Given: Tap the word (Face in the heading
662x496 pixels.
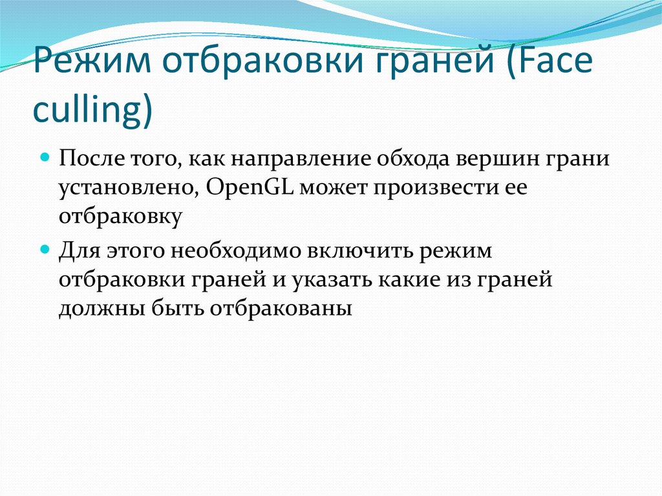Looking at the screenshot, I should (553, 64).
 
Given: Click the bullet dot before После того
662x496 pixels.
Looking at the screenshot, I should (46, 157).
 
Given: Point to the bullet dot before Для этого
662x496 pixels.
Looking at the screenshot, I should (46, 248).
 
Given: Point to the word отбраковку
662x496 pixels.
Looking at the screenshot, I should (120, 217).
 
